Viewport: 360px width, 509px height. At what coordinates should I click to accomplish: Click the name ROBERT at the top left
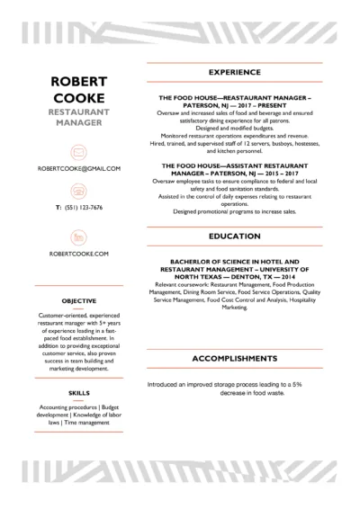click(79, 81)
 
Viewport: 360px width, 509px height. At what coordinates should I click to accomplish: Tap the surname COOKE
click(79, 97)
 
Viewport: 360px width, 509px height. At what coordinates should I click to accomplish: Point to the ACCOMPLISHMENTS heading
click(234, 334)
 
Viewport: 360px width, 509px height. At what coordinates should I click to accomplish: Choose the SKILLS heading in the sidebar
click(79, 393)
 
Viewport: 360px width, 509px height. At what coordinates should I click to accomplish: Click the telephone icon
click(79, 191)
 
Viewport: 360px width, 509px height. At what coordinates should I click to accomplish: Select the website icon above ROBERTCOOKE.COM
click(79, 237)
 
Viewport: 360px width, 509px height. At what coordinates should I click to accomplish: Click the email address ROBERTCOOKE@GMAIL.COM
click(79, 168)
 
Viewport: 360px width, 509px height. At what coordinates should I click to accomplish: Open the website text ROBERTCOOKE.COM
click(79, 254)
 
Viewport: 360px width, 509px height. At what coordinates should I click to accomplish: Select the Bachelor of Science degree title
click(234, 269)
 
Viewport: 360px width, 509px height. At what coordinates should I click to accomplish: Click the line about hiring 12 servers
click(234, 143)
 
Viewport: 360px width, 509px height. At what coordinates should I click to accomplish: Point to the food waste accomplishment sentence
click(234, 362)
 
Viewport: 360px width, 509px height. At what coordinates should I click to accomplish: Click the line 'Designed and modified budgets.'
click(234, 129)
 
